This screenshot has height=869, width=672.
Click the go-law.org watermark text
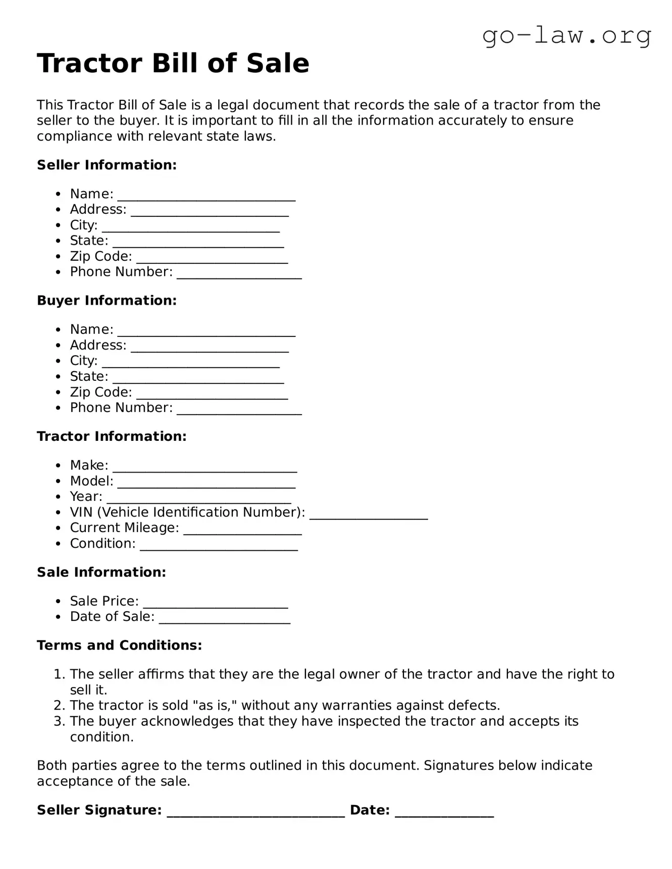click(x=566, y=36)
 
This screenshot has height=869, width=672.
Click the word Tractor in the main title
click(x=89, y=64)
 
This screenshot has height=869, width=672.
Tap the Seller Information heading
click(x=107, y=165)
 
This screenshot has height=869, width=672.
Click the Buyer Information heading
click(x=107, y=301)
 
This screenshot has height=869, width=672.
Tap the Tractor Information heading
click(x=112, y=436)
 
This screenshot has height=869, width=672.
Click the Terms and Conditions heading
click(x=119, y=646)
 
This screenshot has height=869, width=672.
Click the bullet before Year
click(x=59, y=497)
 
